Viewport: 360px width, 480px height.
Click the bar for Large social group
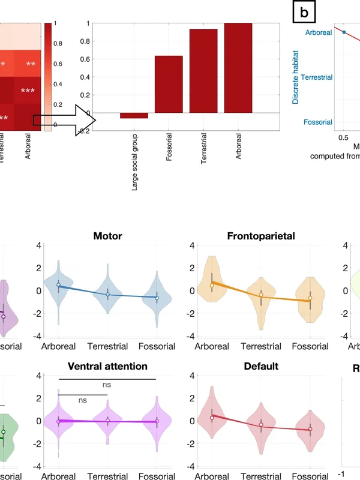134,115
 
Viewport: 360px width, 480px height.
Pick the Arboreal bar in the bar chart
238,68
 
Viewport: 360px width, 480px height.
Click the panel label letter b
304,11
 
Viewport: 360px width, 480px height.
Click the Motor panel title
107,236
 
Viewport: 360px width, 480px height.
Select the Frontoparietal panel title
261,236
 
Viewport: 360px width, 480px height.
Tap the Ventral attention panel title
107,366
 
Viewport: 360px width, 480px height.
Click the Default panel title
261,366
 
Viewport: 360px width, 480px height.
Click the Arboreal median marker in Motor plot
58,285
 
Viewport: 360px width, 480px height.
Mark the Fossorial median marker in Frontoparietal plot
310,298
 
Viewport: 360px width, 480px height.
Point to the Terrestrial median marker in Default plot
261,425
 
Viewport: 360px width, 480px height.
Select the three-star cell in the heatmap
28,91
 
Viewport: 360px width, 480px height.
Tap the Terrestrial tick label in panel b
316,77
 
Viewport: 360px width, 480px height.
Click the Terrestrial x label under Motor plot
107,347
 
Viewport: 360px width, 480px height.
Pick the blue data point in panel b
344,32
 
